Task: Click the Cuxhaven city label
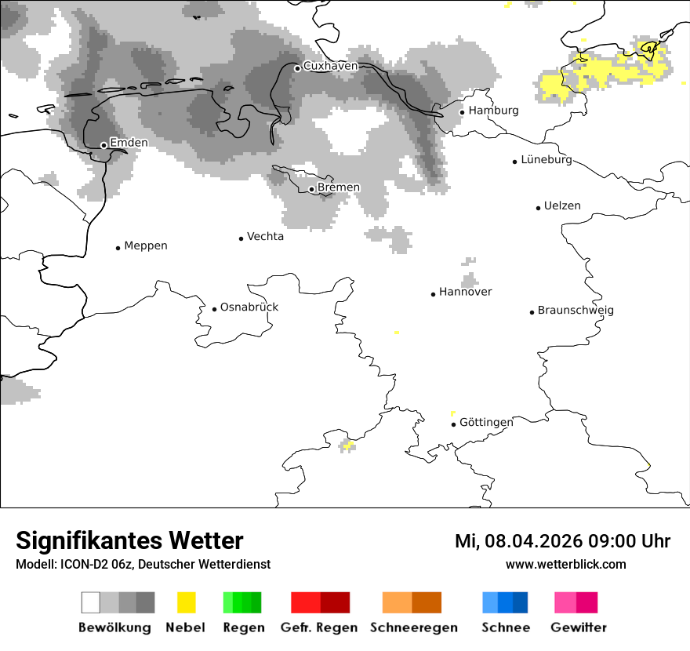(330, 66)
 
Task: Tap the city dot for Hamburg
(462, 112)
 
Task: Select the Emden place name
(129, 143)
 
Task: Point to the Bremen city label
(339, 187)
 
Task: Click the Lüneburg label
(547, 160)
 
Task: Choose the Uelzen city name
(562, 205)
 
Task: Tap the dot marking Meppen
(118, 248)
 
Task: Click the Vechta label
(265, 236)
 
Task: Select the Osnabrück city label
(249, 307)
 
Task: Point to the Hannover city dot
(433, 294)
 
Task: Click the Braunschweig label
(576, 310)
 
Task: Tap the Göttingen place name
(486, 422)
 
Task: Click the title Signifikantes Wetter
(129, 540)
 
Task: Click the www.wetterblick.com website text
(565, 564)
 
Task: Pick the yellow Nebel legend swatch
(186, 602)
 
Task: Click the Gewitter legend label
(579, 627)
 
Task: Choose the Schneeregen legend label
(412, 627)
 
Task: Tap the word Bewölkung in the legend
(114, 627)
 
